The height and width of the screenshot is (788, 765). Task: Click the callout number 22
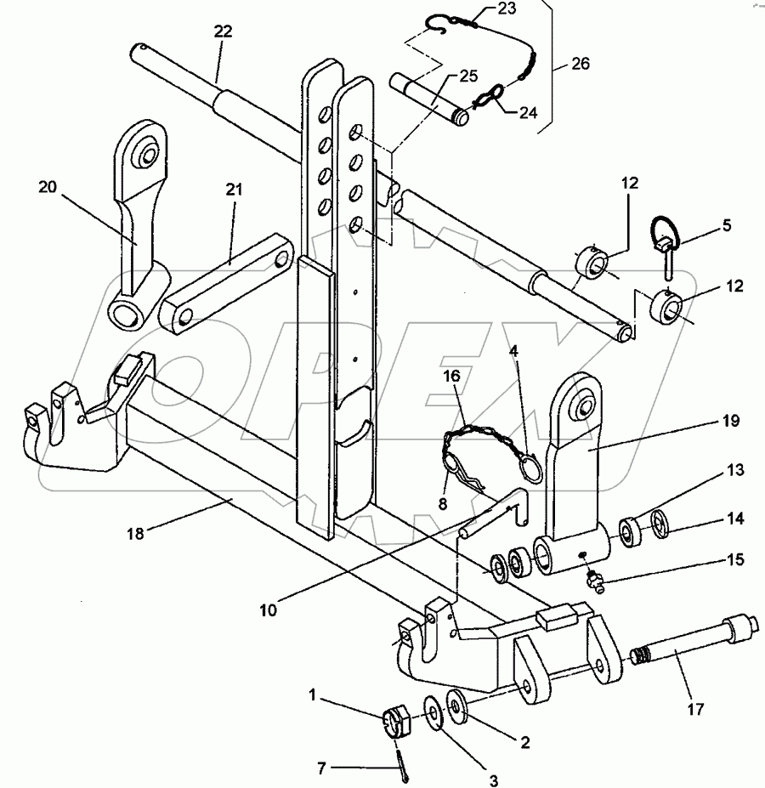(224, 31)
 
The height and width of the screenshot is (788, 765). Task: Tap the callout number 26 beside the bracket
(581, 64)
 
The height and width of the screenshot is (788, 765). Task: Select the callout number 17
(695, 709)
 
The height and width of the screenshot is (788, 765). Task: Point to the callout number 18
(136, 533)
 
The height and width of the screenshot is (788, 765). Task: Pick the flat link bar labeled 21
(226, 283)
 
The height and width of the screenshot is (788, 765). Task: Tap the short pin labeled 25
(430, 99)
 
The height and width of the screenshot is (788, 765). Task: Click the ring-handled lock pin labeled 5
(667, 247)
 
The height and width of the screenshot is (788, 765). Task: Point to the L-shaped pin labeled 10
(493, 513)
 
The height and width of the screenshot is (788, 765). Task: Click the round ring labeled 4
(530, 468)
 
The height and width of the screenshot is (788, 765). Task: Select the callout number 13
(735, 470)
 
